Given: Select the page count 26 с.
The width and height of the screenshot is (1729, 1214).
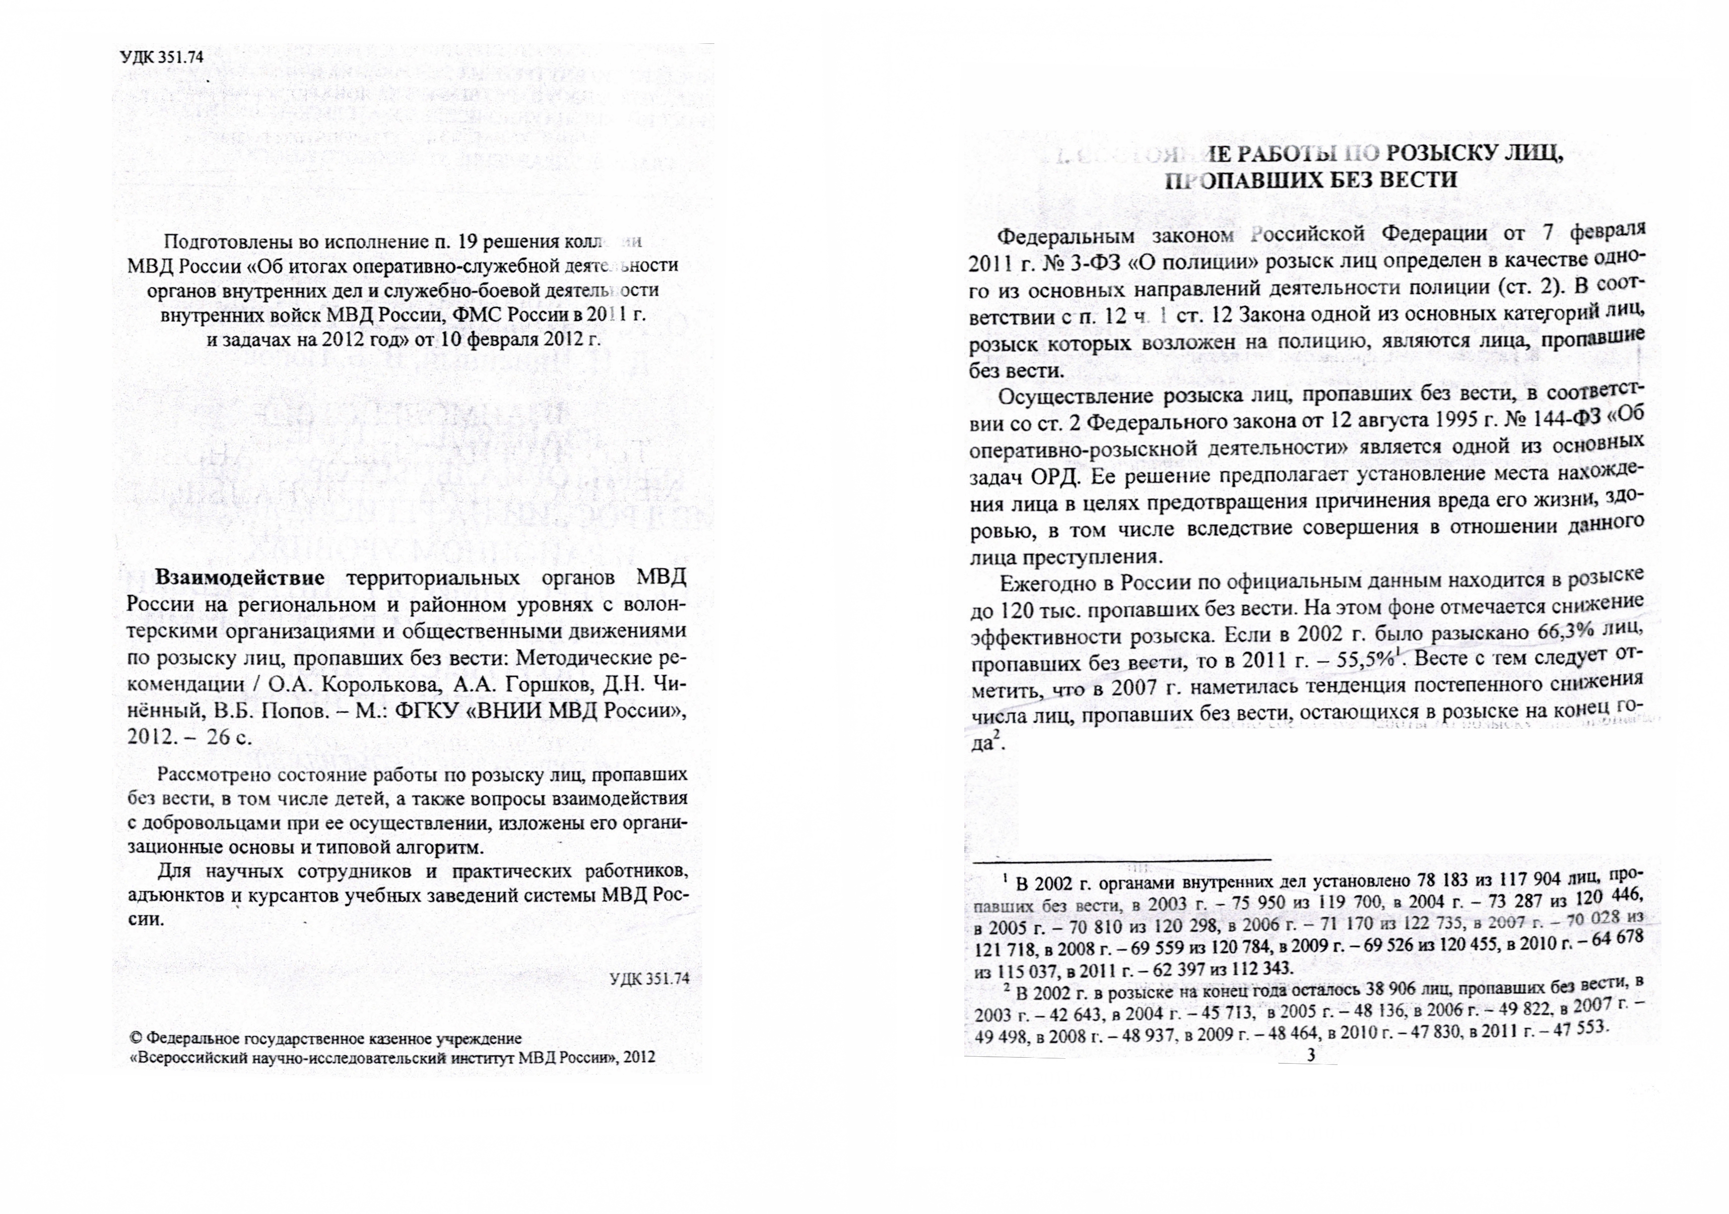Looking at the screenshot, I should click(x=230, y=737).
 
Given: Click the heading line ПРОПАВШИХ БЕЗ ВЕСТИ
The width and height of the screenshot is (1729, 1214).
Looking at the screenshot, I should click(x=1310, y=181).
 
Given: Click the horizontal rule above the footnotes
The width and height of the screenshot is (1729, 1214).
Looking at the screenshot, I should click(x=1122, y=859).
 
